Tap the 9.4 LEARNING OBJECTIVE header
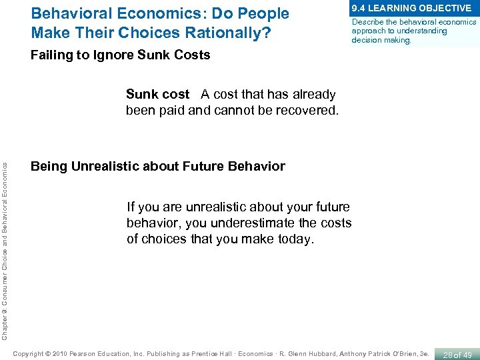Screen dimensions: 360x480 [411, 8]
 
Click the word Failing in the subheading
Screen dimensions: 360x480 [51, 55]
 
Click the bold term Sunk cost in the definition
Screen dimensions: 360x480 [157, 95]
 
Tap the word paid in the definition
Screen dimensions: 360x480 [172, 110]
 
